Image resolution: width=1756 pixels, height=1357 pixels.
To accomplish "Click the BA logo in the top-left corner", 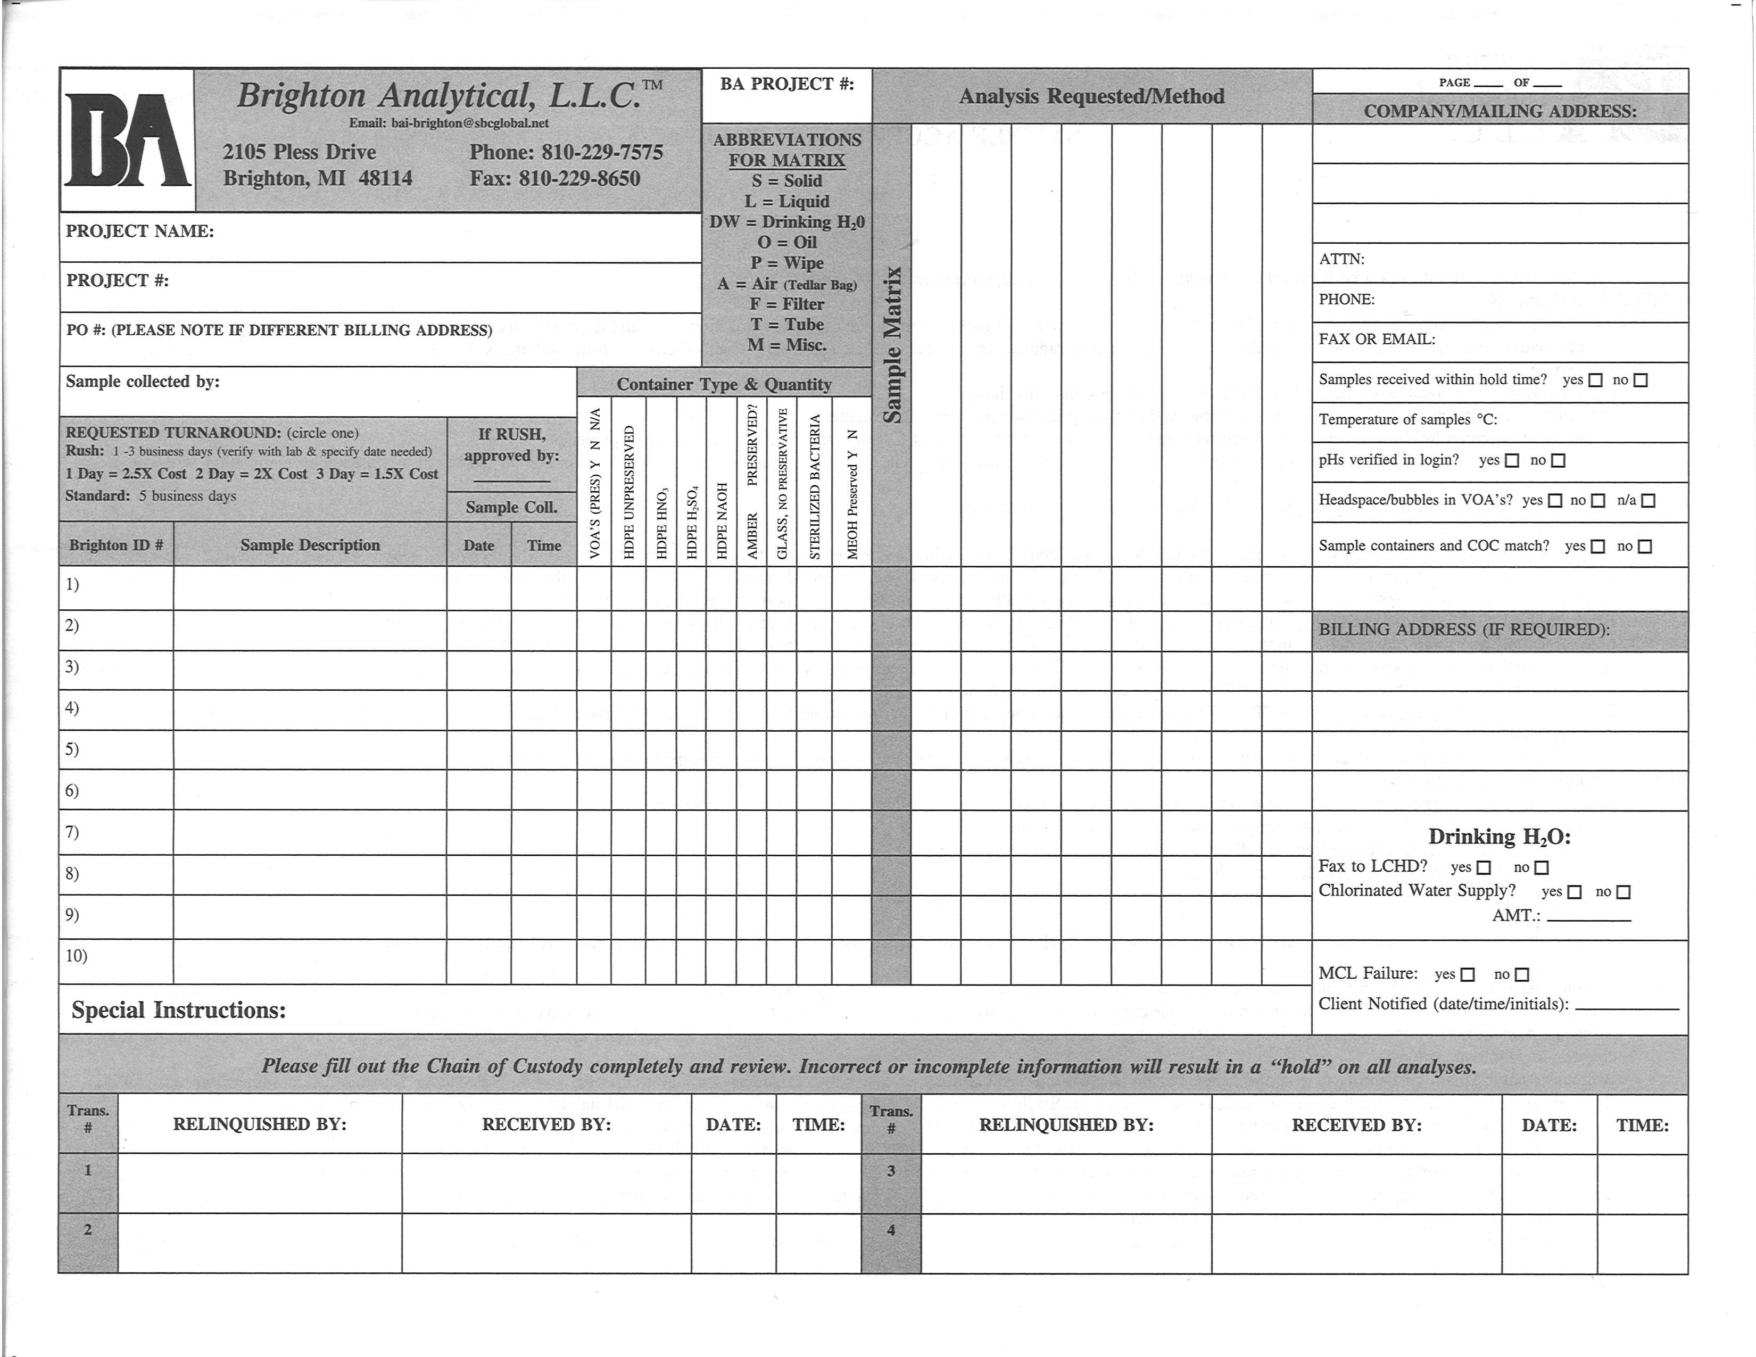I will pyautogui.click(x=127, y=140).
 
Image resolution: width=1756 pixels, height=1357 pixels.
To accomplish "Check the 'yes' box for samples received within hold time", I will pyautogui.click(x=1596, y=380).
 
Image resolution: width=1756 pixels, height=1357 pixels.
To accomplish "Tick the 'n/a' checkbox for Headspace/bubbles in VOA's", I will pyautogui.click(x=1649, y=501).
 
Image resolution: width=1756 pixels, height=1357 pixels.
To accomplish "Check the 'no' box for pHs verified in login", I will pyautogui.click(x=1558, y=461).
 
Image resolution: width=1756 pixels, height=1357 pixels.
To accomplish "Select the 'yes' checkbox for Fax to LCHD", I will pyautogui.click(x=1484, y=867).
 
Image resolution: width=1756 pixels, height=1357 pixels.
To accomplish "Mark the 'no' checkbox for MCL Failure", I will pyautogui.click(x=1521, y=974).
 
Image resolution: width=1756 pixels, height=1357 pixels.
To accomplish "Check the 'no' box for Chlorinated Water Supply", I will pyautogui.click(x=1624, y=891).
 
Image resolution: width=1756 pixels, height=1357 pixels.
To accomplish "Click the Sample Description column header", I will pyautogui.click(x=310, y=545).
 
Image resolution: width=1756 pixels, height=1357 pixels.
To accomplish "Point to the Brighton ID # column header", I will pyautogui.click(x=116, y=545).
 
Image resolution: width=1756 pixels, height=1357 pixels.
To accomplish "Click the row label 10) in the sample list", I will pyautogui.click(x=77, y=956).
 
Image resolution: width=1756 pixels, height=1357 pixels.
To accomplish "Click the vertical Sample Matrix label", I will pyautogui.click(x=892, y=346).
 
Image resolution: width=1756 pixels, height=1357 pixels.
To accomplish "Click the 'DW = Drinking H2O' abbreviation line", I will pyautogui.click(x=786, y=222).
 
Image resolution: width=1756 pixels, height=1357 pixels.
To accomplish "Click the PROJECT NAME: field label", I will pyautogui.click(x=140, y=231).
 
